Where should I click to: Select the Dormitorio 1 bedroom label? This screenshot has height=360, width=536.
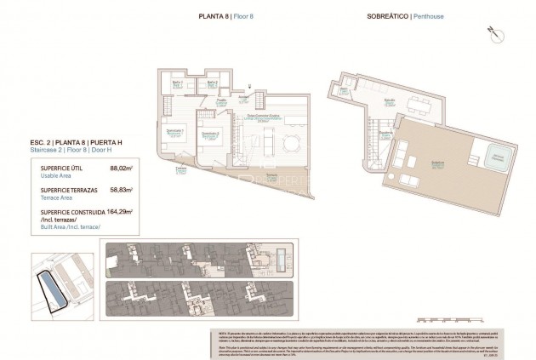tap(175, 131)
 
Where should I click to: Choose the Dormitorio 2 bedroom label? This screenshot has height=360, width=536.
tap(210, 134)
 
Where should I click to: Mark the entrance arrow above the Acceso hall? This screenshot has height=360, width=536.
tap(249, 86)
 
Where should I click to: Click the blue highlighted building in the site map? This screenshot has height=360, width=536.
tap(55, 291)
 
